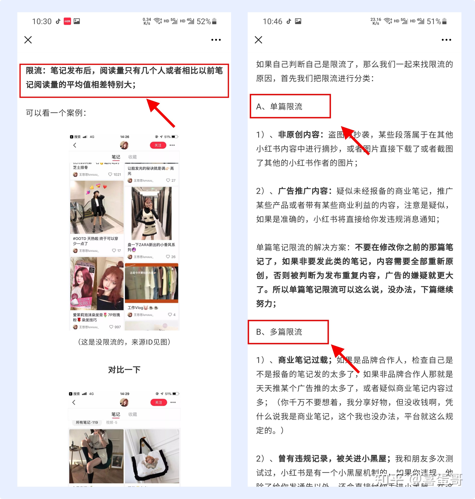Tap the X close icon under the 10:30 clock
click(x=28, y=40)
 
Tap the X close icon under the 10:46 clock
click(x=258, y=40)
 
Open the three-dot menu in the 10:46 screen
click(x=446, y=40)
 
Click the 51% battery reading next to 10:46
click(x=434, y=21)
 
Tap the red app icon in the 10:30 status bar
click(x=67, y=21)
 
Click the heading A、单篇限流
click(x=279, y=106)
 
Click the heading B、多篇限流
click(x=279, y=332)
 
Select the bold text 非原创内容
click(x=299, y=135)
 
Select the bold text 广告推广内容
click(x=303, y=191)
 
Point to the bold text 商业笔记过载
click(x=303, y=360)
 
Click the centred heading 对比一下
click(x=124, y=370)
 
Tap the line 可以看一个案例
click(x=56, y=113)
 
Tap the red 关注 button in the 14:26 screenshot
click(x=158, y=145)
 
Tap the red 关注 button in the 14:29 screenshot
click(x=158, y=402)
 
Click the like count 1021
click(x=117, y=174)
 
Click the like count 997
click(x=117, y=327)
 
